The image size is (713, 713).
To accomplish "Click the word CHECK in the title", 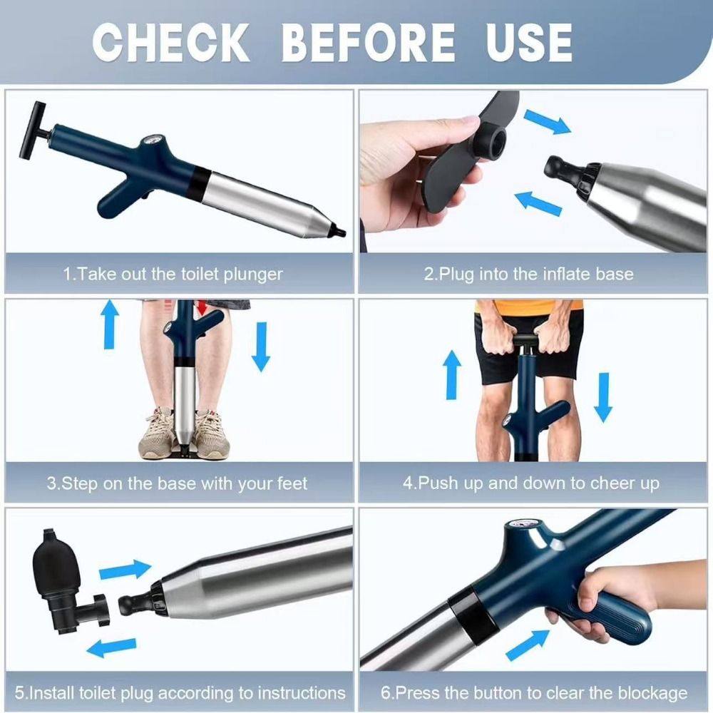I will (171, 42).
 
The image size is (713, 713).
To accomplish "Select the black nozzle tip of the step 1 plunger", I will (340, 232).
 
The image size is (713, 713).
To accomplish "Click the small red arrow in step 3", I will (203, 307).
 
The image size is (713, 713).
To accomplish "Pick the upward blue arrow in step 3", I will (109, 324).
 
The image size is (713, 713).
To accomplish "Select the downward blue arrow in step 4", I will (603, 396).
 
